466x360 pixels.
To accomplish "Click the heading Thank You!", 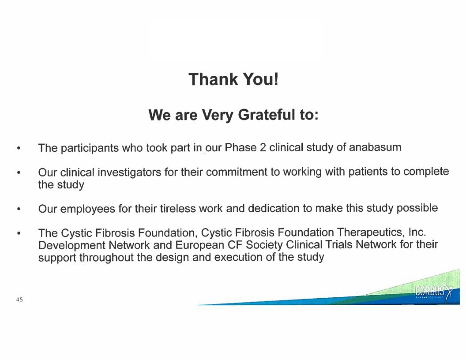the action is point(233,79).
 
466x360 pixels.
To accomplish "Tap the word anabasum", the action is point(375,147).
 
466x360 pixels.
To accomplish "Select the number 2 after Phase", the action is point(263,147).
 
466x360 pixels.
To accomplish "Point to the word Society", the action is point(264,245).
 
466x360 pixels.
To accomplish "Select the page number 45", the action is point(19,300).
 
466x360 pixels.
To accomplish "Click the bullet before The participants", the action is point(19,148).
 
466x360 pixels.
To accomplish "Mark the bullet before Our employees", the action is point(19,209).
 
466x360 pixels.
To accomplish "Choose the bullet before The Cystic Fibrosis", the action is point(19,233).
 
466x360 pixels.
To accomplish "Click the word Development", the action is point(71,246).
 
